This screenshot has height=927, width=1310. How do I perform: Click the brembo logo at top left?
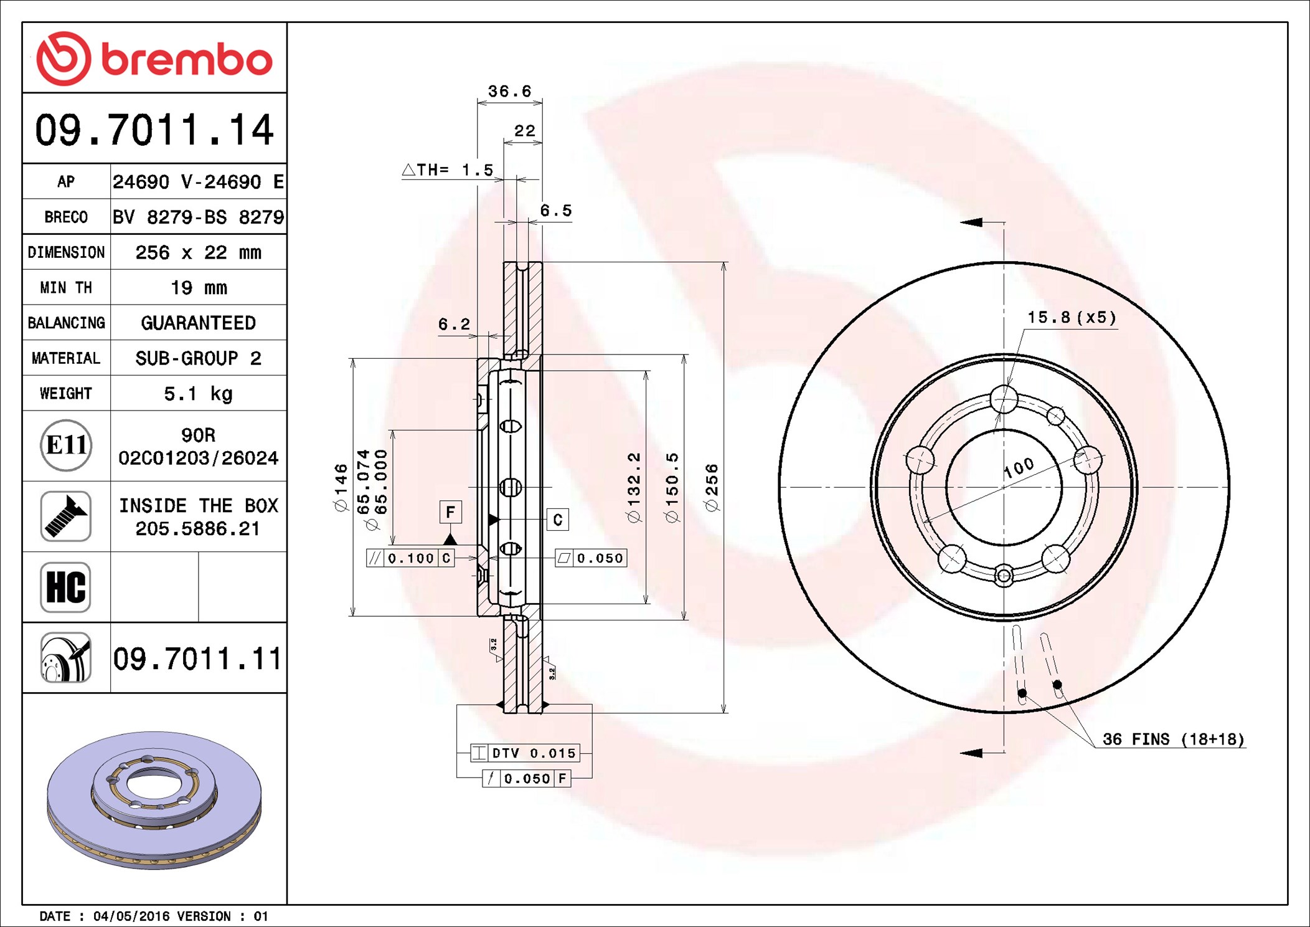154,59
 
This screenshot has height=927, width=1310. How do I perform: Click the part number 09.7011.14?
154,130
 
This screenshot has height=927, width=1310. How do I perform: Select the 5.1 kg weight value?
198,394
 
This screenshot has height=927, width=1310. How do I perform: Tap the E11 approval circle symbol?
66,445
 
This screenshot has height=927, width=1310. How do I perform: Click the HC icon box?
66,587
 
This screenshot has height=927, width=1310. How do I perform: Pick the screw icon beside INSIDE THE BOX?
66,516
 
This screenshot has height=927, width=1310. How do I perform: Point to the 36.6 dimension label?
510,92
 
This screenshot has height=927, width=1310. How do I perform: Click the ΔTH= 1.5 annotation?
448,169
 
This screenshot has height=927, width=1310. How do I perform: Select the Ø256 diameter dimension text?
712,488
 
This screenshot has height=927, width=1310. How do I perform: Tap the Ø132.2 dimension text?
634,487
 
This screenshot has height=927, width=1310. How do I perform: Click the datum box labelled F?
450,512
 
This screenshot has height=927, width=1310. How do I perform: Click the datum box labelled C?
557,520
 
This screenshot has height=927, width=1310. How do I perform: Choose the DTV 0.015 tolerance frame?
525,753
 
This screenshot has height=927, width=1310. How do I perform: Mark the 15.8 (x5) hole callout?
1072,317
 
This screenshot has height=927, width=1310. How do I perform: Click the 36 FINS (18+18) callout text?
1173,739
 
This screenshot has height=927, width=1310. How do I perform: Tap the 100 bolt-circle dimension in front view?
1019,468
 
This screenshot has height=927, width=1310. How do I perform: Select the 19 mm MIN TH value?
199,288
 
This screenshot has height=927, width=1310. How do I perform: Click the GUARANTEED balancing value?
198,323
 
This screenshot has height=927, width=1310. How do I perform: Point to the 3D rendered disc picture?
154,800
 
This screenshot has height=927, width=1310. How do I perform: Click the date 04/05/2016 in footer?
131,916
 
